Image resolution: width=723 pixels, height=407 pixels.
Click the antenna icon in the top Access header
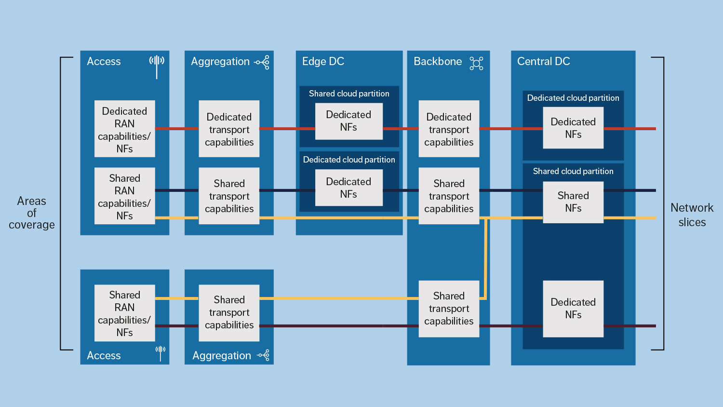[157, 65]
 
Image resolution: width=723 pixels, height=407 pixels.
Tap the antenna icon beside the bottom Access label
[161, 353]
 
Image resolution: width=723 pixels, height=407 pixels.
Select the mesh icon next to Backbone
[476, 63]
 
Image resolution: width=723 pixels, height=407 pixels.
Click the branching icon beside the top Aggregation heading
[262, 62]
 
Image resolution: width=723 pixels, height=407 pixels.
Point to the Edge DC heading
[323, 61]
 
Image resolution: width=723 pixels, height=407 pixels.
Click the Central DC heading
[543, 61]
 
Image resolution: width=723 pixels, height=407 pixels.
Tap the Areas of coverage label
[32, 213]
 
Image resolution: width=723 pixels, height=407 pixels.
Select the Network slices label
[692, 215]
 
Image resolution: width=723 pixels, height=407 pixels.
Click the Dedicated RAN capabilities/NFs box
[124, 129]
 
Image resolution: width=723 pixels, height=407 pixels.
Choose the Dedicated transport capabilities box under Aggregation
[229, 129]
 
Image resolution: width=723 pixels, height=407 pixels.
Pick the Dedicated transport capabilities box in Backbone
[449, 129]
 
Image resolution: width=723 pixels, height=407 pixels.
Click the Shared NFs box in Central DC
[573, 202]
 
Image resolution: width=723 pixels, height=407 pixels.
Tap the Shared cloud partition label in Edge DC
[349, 94]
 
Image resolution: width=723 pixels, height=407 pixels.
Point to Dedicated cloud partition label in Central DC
[573, 98]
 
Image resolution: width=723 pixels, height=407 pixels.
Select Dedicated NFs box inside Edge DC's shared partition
[348, 121]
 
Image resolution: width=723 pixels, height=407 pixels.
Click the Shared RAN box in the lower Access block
[124, 313]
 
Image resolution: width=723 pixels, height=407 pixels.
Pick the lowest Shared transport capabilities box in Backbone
[449, 309]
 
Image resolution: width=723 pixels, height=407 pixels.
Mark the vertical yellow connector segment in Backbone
[485, 258]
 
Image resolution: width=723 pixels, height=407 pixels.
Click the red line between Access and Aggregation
[176, 129]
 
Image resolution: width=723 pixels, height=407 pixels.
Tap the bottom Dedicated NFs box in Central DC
[573, 309]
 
